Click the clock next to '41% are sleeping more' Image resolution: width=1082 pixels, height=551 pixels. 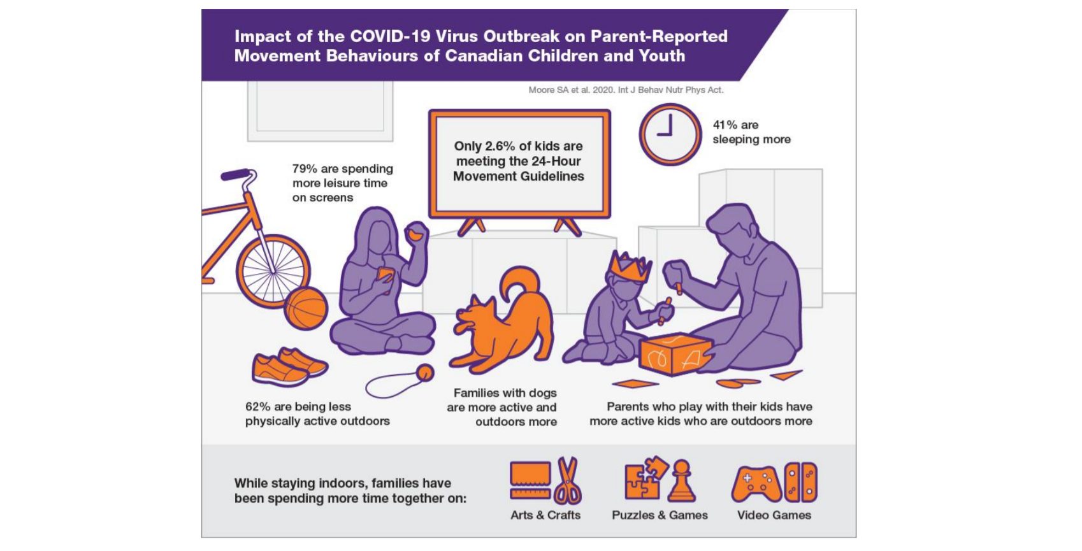(x=670, y=134)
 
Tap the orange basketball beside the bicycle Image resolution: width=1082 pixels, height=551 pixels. (x=306, y=308)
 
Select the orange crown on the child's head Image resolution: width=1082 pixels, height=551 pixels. (x=630, y=266)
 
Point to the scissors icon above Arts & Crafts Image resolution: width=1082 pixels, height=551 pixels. (x=568, y=480)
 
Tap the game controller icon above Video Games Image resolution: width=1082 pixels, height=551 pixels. (x=756, y=484)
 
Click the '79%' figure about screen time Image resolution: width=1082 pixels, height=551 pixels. (x=305, y=169)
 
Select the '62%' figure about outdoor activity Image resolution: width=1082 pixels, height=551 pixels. (x=257, y=406)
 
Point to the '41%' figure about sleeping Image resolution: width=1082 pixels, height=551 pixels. (x=725, y=125)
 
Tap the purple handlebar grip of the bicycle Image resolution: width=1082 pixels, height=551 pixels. (x=235, y=175)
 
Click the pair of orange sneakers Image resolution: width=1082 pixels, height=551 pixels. (x=289, y=367)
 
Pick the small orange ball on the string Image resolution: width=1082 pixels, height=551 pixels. (x=425, y=373)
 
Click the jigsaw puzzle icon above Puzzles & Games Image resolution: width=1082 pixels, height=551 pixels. (x=645, y=479)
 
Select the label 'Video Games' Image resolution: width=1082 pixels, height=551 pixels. (x=774, y=515)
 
